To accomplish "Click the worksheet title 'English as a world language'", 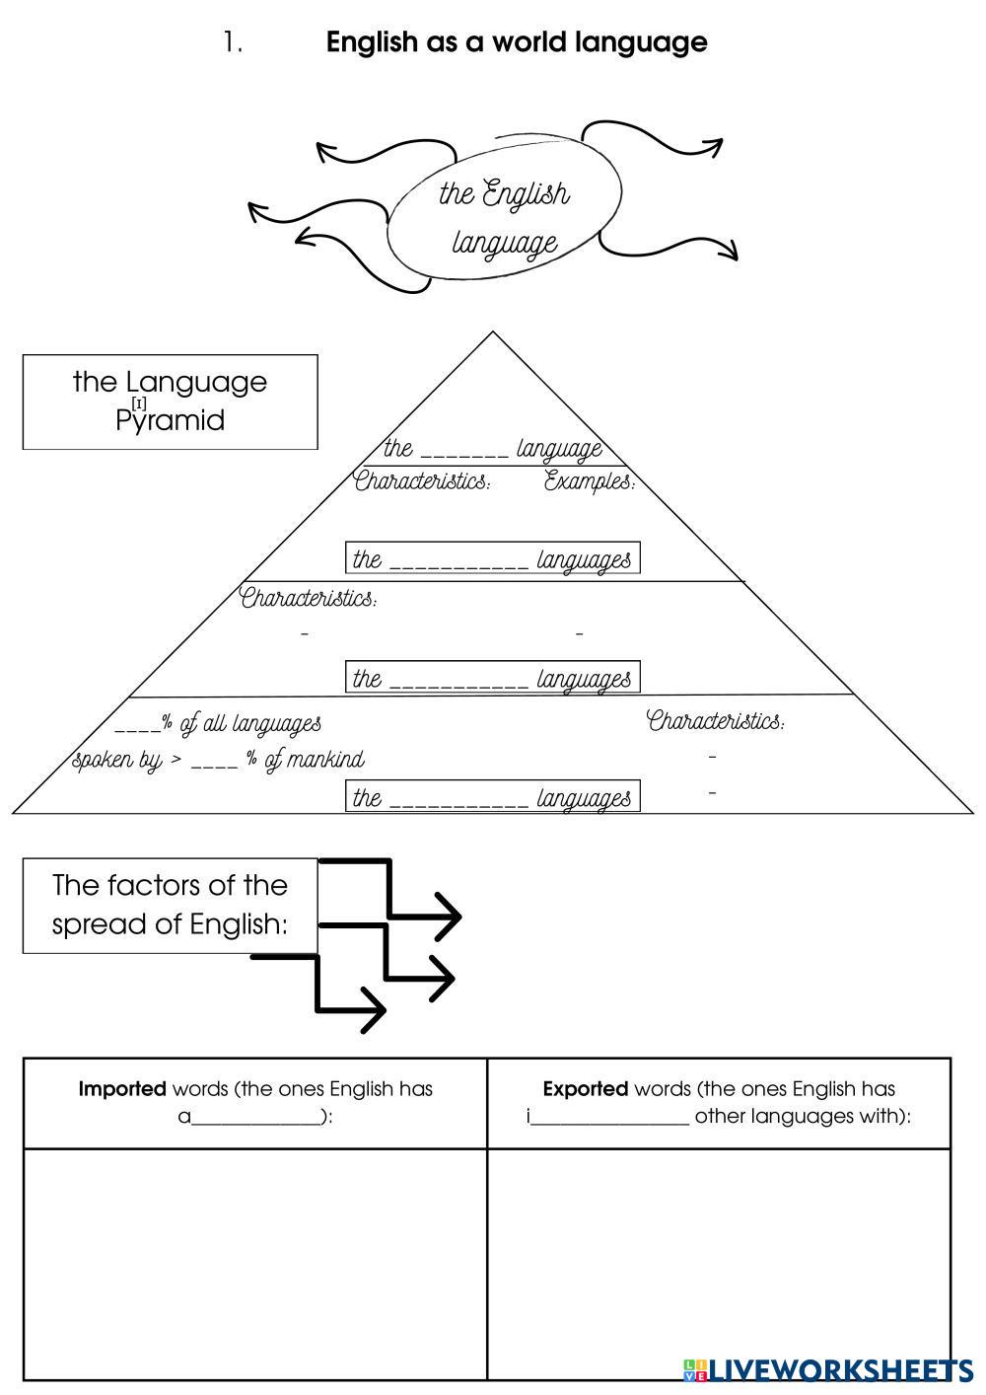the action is click(x=516, y=42).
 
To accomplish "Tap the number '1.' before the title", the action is click(x=233, y=42).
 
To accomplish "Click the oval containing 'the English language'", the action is click(x=504, y=218).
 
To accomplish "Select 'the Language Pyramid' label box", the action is click(x=170, y=402).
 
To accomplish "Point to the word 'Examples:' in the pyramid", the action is click(x=590, y=481).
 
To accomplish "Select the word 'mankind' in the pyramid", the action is click(x=325, y=760).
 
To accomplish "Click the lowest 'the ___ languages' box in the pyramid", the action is click(x=492, y=796).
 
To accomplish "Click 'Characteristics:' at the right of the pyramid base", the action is click(x=716, y=721).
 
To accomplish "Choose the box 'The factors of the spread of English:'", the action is click(x=170, y=905).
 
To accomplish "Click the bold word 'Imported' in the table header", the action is click(x=122, y=1089).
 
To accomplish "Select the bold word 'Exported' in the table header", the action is click(x=586, y=1089).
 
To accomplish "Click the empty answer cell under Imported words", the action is click(x=255, y=1263).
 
